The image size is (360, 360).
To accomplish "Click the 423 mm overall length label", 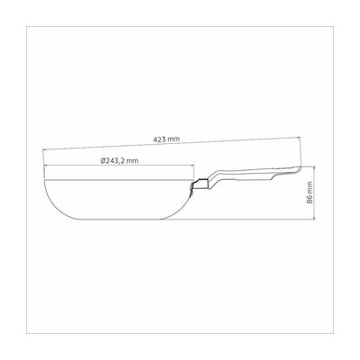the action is pyautogui.click(x=166, y=139).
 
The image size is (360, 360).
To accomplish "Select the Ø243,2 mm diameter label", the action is pyautogui.click(x=120, y=161).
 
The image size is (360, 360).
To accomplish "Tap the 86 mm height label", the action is pyautogui.click(x=310, y=193).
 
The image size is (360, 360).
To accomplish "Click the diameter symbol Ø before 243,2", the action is pyautogui.click(x=103, y=161).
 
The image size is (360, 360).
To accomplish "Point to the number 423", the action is pyautogui.click(x=159, y=139).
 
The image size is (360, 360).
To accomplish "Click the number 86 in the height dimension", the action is pyautogui.click(x=310, y=200).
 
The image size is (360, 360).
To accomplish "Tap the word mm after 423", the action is pyautogui.click(x=174, y=139).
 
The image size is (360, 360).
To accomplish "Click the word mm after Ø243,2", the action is pyautogui.click(x=132, y=161).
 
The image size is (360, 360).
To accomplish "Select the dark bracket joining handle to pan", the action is pyautogui.click(x=201, y=184).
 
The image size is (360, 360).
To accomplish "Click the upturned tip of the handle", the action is pyautogui.click(x=298, y=170).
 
